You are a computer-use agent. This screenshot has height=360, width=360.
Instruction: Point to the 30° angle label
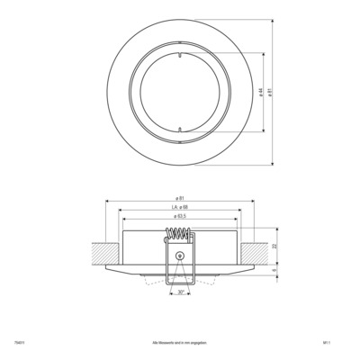(x=180, y=292)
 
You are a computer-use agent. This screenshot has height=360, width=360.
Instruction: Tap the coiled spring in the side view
(x=180, y=238)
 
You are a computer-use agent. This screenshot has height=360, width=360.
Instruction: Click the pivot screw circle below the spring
(x=180, y=256)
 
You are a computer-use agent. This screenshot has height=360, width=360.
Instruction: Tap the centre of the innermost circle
(x=180, y=93)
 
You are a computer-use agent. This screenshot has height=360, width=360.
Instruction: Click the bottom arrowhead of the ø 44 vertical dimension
(x=260, y=131)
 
